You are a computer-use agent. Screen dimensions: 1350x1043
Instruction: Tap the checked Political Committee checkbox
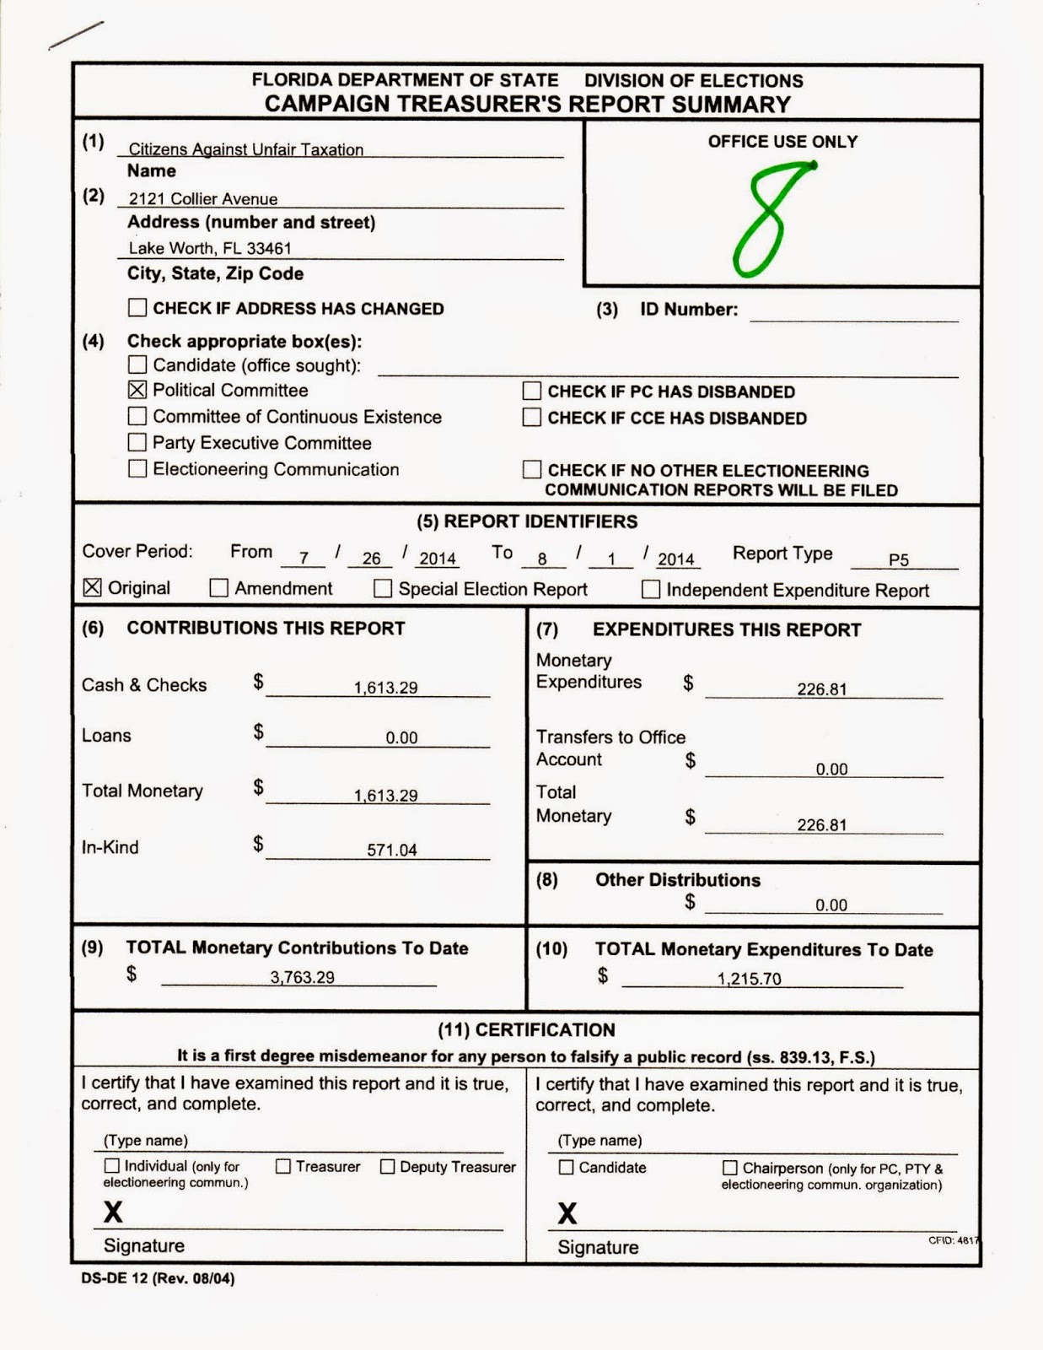[137, 390]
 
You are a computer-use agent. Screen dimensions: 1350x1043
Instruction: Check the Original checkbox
[93, 588]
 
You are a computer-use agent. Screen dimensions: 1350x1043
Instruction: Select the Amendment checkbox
[219, 588]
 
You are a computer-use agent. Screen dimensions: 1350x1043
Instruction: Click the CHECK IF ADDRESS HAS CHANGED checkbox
[137, 308]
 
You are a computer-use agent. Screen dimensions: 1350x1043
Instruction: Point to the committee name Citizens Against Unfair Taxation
[245, 149]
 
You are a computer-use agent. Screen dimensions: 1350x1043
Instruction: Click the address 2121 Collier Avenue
[203, 199]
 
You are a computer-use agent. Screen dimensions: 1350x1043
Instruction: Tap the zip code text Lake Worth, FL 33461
[210, 248]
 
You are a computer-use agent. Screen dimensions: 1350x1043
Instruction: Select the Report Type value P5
[899, 559]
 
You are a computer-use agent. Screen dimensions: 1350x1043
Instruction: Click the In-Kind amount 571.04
[392, 850]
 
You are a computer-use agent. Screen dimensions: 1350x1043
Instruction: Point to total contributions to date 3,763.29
[302, 977]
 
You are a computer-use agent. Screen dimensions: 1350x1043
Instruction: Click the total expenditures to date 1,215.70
[750, 979]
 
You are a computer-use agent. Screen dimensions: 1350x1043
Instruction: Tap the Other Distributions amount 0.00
[831, 905]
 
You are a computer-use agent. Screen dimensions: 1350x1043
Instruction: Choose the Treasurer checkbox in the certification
[283, 1166]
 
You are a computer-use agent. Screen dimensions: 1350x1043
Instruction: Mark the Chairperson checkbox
[730, 1168]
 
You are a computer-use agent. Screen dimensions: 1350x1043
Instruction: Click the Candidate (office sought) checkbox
[137, 364]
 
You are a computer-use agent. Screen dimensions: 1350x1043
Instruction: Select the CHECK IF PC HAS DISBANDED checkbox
[532, 391]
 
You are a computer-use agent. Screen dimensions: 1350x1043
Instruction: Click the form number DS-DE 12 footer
[158, 1278]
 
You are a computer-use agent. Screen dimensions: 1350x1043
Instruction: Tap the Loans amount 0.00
[401, 737]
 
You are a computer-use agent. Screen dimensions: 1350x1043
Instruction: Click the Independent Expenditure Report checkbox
[651, 589]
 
